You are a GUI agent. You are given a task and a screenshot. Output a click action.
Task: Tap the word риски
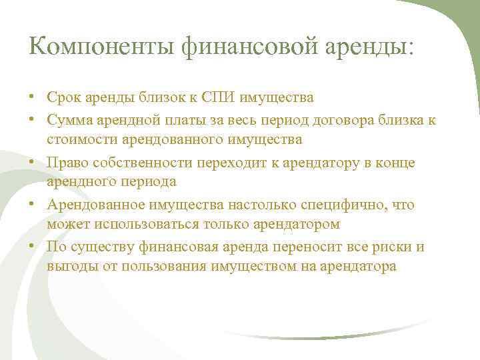tap(389, 247)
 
